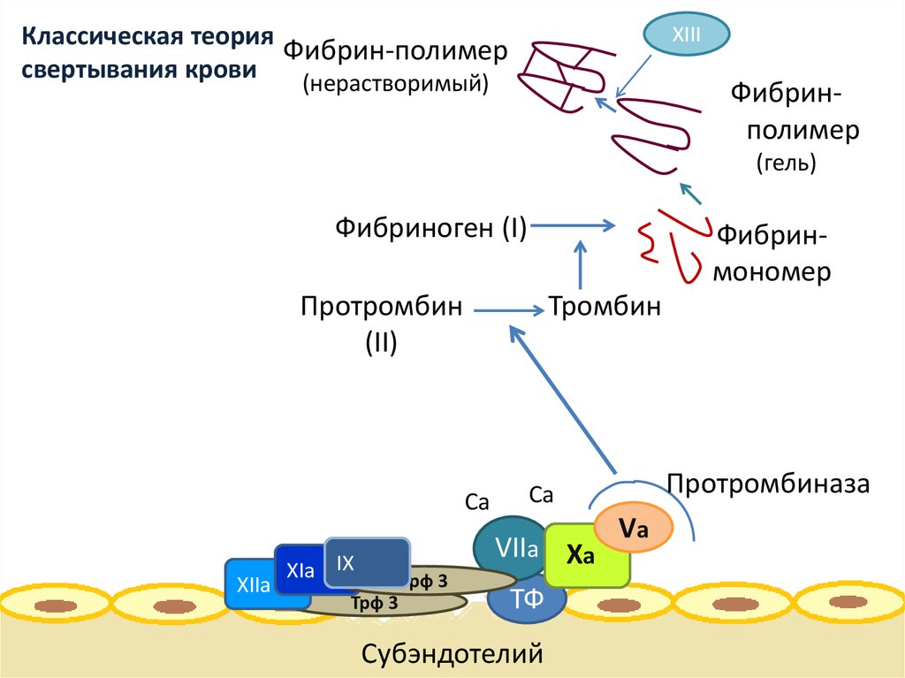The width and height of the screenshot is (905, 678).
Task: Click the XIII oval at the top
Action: pos(687,34)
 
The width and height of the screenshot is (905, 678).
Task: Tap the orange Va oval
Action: pos(633,528)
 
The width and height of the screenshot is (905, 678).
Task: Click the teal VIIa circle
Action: pos(513,550)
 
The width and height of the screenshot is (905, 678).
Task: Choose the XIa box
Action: pos(299,570)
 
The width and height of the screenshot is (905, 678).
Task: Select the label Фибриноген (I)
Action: pos(430,228)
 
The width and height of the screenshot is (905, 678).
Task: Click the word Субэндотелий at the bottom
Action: pos(451,654)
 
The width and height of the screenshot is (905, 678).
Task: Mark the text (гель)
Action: pos(786,164)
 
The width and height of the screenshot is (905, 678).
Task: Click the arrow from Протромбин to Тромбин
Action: pos(509,309)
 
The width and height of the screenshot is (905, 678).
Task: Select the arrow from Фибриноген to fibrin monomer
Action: pos(574,226)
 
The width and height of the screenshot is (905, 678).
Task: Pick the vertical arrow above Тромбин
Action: pos(581,263)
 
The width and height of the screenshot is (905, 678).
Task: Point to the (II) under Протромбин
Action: pos(381,341)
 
